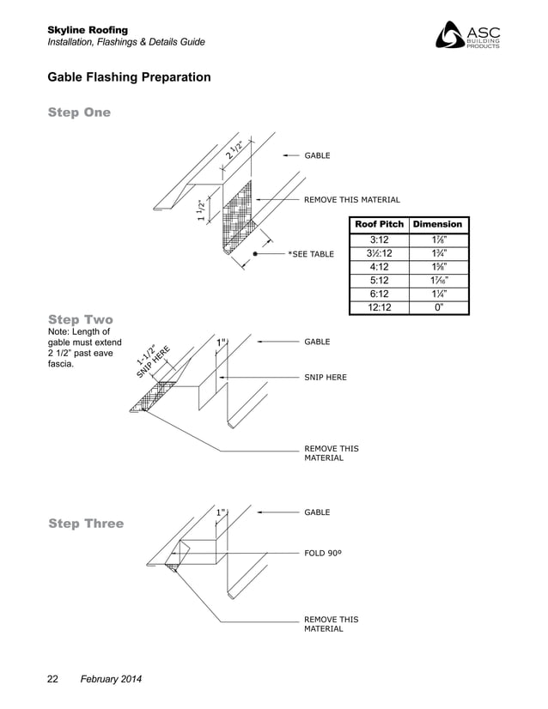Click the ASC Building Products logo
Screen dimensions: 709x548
tap(469, 35)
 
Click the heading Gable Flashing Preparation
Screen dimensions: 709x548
tap(129, 78)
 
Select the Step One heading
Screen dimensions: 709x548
tap(79, 112)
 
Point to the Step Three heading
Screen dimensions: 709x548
tap(86, 524)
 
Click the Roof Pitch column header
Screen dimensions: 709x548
tap(379, 225)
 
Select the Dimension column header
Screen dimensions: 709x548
tap(437, 225)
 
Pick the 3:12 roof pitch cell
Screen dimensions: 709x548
tap(379, 239)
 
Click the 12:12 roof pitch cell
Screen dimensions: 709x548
tap(379, 307)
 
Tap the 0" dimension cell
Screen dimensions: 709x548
tap(437, 307)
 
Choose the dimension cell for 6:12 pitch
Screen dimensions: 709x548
tap(437, 294)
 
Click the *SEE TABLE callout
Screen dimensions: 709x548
tap(310, 255)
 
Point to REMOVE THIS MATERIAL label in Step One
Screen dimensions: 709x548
tap(351, 200)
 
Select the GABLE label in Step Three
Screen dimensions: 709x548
tap(317, 512)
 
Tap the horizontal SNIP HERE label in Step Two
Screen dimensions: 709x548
tap(326, 377)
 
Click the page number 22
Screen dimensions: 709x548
tap(52, 680)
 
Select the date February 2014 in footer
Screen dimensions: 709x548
tap(111, 680)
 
